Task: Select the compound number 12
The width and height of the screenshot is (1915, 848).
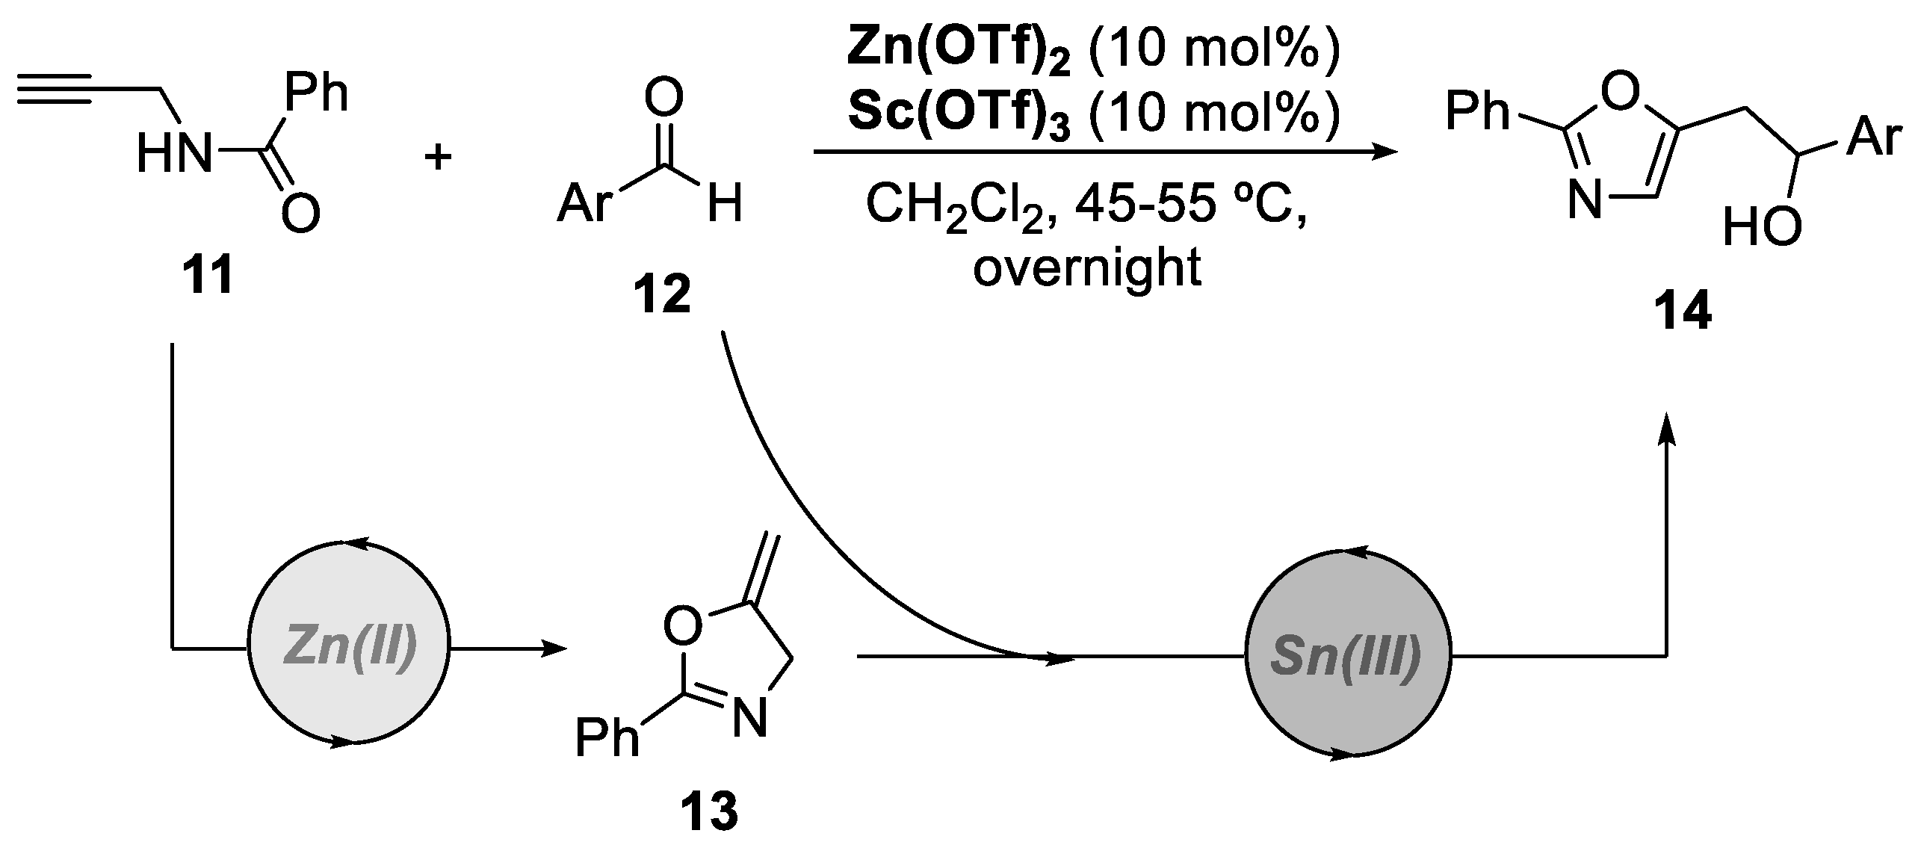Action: (662, 297)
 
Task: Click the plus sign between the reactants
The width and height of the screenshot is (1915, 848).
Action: (438, 158)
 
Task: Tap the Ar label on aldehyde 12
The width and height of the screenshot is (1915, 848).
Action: (585, 202)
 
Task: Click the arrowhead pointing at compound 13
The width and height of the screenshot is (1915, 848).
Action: (554, 649)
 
